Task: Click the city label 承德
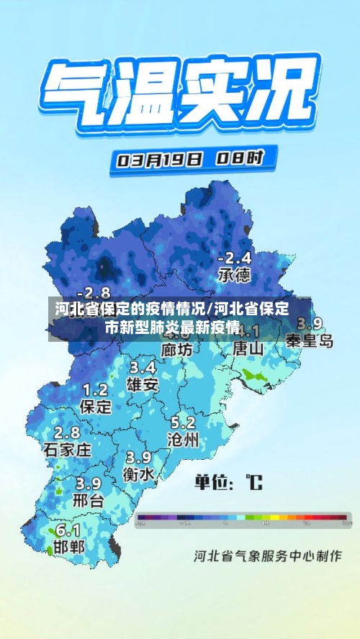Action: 234,275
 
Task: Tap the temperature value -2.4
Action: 235,258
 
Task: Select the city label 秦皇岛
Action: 310,340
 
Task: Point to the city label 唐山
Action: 248,348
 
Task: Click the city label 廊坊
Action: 176,349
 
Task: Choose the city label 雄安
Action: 143,384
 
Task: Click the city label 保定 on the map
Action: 96,407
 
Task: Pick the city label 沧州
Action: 182,440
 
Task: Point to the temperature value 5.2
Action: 182,422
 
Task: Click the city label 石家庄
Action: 67,450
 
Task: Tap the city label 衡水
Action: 138,474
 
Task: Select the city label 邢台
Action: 89,499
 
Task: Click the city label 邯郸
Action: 68,547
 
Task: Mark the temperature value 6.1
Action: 68,530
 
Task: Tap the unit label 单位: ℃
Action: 228,481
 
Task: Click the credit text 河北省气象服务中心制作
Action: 266,556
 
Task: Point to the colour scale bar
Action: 243,517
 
